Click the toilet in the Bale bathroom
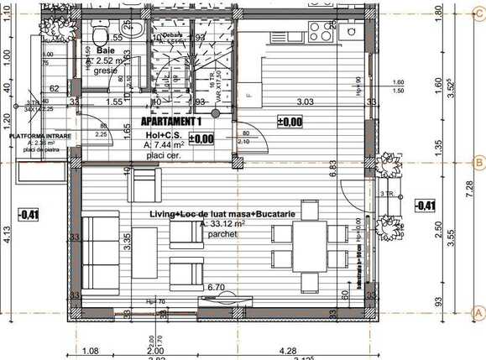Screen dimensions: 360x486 [99, 36]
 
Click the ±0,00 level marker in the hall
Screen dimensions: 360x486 [201, 139]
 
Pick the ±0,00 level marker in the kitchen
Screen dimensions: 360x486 [290, 123]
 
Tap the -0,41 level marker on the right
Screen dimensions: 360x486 [426, 206]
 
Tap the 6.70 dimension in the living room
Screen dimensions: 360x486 [216, 287]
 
